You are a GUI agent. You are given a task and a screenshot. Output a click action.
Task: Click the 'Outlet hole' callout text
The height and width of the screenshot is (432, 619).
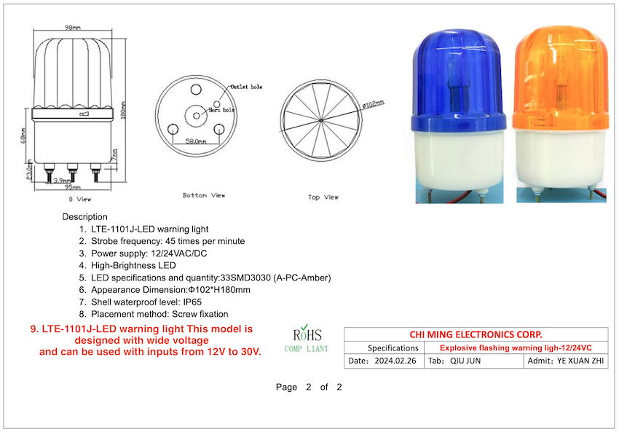pos(245,87)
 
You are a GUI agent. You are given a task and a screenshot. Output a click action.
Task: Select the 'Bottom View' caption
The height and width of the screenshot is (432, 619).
pos(204,195)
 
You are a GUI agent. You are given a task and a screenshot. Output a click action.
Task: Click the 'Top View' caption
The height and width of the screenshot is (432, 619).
pos(323,197)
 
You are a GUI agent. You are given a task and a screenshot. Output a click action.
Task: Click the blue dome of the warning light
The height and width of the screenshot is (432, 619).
pos(456,73)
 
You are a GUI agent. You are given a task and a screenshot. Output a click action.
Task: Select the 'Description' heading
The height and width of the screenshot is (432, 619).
pos(84,216)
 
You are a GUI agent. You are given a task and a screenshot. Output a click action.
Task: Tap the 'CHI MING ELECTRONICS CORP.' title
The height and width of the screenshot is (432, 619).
pos(476,334)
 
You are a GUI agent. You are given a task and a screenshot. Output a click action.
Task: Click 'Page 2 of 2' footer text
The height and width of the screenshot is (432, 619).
pos(309,387)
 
